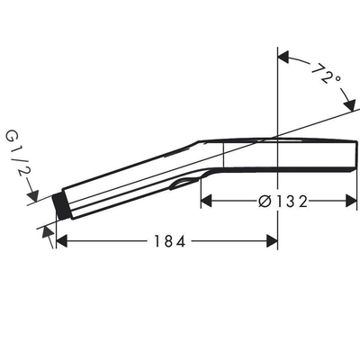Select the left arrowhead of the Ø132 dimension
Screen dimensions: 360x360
pos(205,201)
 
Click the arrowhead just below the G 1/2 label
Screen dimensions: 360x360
pos(34,193)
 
